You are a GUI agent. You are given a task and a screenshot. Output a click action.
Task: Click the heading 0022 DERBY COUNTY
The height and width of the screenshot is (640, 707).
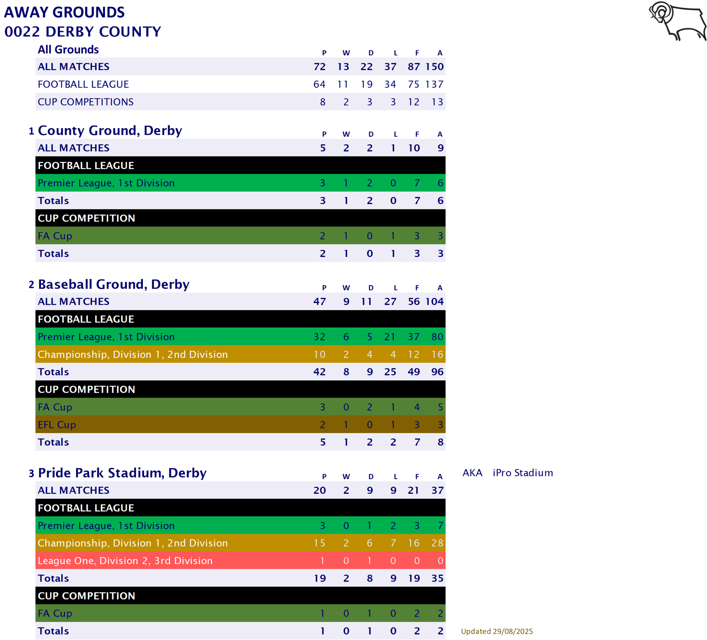pyautogui.click(x=83, y=32)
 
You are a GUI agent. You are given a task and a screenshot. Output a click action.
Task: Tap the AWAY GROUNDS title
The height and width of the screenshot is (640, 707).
pyautogui.click(x=64, y=12)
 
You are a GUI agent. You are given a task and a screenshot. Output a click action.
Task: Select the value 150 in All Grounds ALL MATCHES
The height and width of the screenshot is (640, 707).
pyautogui.click(x=434, y=67)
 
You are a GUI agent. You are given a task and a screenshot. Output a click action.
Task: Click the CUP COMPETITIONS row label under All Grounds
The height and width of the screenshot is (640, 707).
pyautogui.click(x=85, y=102)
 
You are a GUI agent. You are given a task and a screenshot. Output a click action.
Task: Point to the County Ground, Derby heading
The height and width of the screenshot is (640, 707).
pyautogui.click(x=110, y=131)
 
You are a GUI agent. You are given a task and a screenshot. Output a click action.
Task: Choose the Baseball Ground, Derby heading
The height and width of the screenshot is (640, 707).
pyautogui.click(x=113, y=284)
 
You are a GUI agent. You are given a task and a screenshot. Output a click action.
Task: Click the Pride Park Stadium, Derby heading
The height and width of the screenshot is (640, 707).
pyautogui.click(x=122, y=473)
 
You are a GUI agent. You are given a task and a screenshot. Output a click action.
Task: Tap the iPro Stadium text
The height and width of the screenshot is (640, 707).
pyautogui.click(x=522, y=473)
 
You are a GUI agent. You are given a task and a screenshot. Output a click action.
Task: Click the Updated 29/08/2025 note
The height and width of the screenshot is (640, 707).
pyautogui.click(x=497, y=631)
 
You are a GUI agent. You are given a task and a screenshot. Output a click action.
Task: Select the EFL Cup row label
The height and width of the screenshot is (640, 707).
pyautogui.click(x=57, y=425)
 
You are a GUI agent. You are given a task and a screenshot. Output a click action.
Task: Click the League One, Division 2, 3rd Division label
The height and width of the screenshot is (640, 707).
pyautogui.click(x=125, y=560)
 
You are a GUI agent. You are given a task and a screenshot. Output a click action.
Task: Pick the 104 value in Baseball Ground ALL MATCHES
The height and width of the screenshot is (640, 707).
pyautogui.click(x=434, y=302)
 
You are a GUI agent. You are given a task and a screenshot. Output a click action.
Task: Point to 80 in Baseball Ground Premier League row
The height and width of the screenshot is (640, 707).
pyautogui.click(x=437, y=337)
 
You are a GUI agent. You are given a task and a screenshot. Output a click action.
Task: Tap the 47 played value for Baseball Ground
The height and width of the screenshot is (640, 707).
pyautogui.click(x=319, y=302)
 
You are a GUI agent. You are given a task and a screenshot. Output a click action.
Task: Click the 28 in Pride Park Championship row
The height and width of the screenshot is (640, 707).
pyautogui.click(x=437, y=543)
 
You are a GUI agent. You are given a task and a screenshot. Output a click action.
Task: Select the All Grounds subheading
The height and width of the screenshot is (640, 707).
pyautogui.click(x=68, y=50)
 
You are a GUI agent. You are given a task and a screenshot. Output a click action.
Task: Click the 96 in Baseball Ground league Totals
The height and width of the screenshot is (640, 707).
pyautogui.click(x=437, y=372)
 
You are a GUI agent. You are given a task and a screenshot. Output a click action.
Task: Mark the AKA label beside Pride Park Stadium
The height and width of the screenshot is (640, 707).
pyautogui.click(x=472, y=473)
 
